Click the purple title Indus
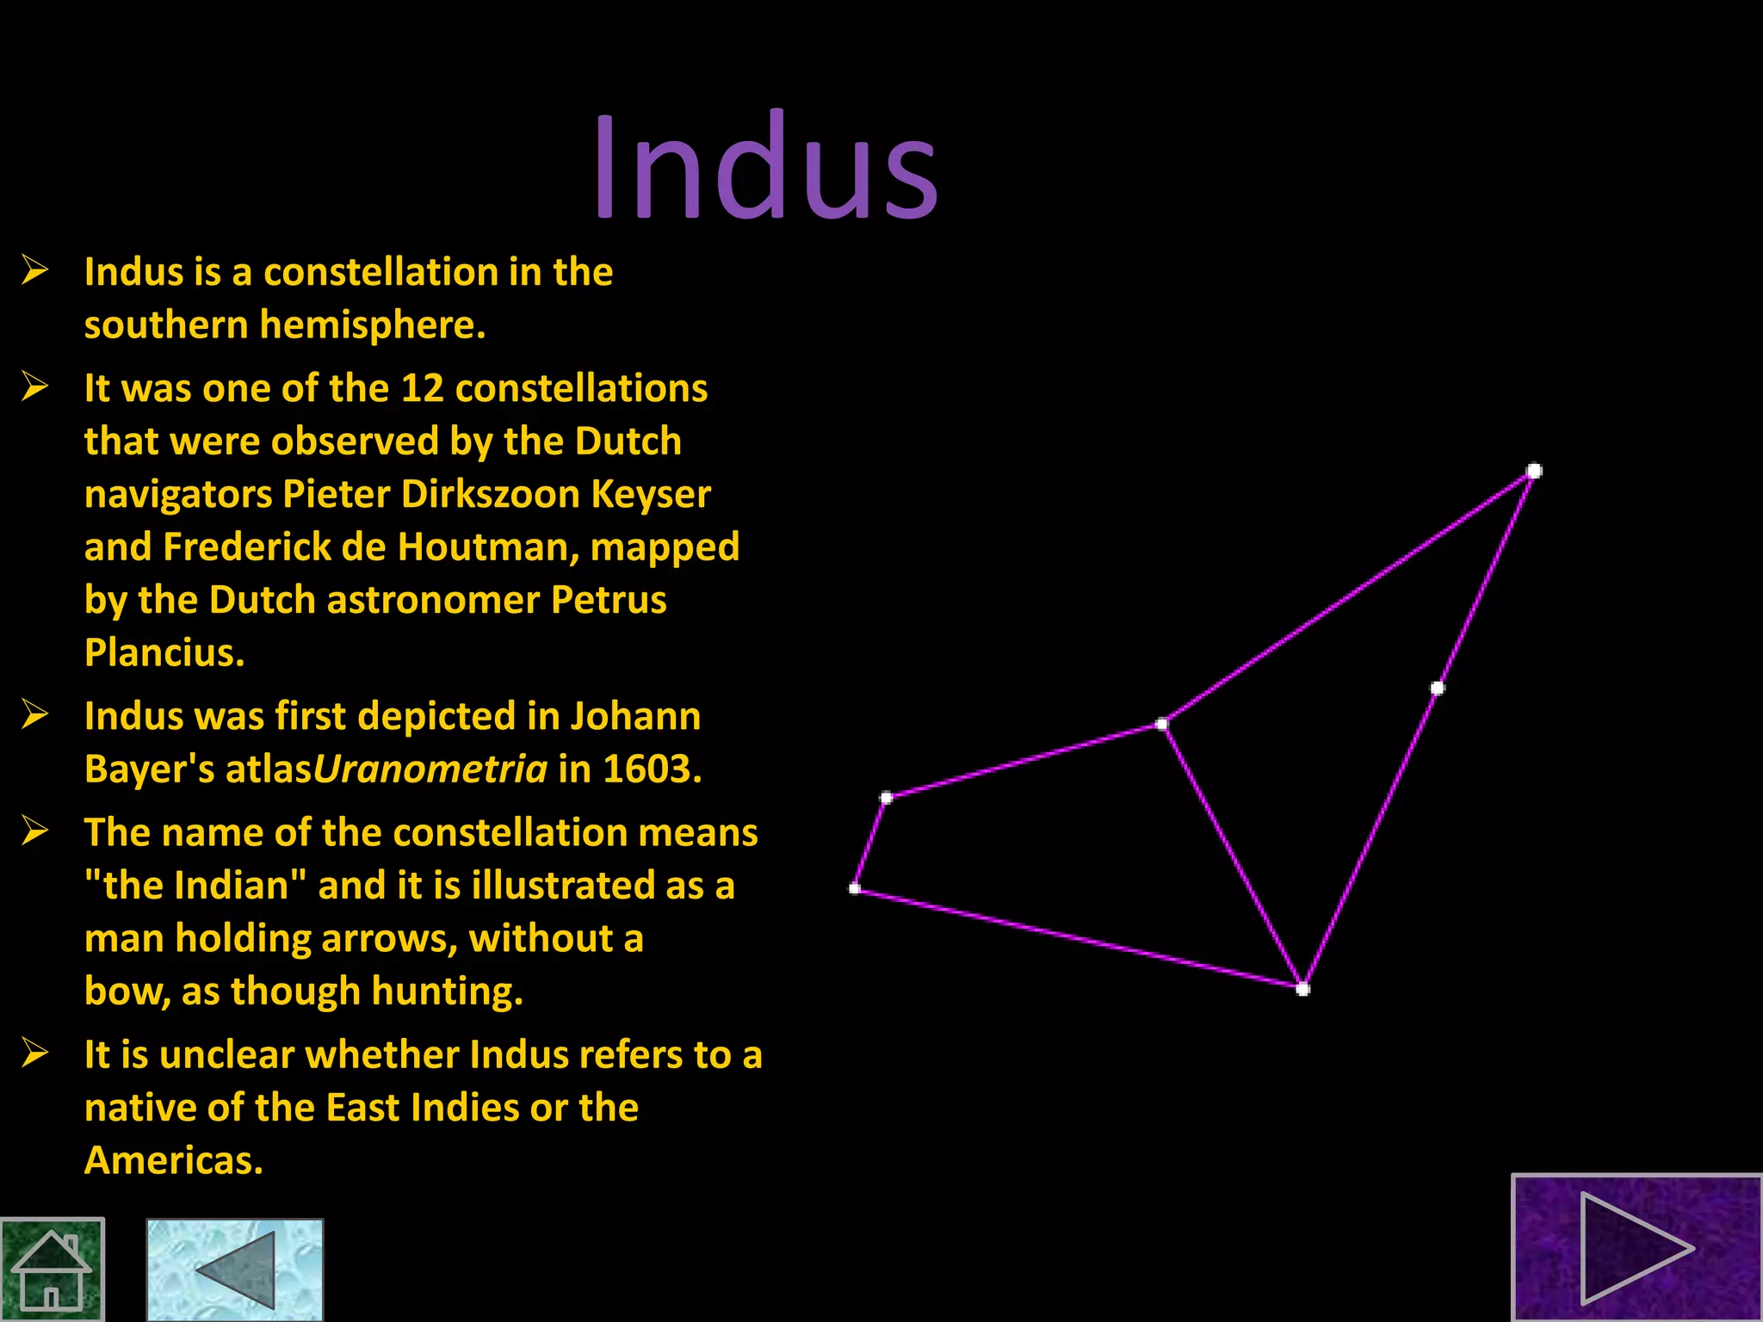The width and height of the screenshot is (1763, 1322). [x=765, y=168]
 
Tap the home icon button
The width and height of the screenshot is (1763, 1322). [x=52, y=1269]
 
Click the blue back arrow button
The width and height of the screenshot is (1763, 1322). [x=234, y=1269]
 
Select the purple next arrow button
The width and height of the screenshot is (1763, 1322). [x=1636, y=1248]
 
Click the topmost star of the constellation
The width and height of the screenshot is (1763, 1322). [x=1534, y=471]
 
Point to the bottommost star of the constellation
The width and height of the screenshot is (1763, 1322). [x=1302, y=989]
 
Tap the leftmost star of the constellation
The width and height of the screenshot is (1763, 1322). [x=855, y=888]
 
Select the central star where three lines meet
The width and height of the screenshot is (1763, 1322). [x=1161, y=724]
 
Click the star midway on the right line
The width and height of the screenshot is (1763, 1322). [x=1437, y=688]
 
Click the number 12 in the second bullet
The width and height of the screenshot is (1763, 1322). [x=422, y=388]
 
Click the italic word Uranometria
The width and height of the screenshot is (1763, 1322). [x=430, y=769]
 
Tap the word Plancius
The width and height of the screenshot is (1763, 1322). [x=164, y=652]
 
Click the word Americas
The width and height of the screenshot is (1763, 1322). [x=173, y=1160]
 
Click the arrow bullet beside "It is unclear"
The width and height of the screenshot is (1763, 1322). [x=35, y=1053]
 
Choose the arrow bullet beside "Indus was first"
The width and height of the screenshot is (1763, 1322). [x=35, y=714]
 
